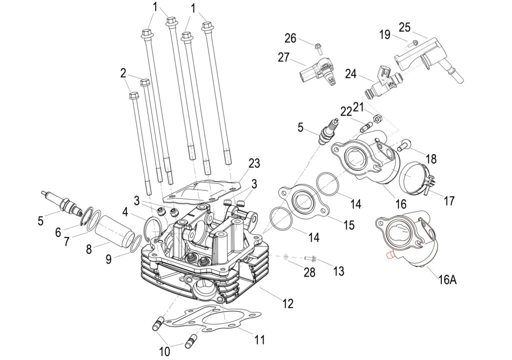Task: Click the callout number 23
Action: (x=254, y=163)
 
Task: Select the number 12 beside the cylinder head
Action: (x=287, y=303)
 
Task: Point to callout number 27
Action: (x=283, y=57)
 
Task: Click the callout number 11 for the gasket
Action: (x=259, y=339)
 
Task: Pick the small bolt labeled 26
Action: (x=318, y=48)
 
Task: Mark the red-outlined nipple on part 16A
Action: (x=389, y=254)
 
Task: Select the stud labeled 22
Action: (x=367, y=126)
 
